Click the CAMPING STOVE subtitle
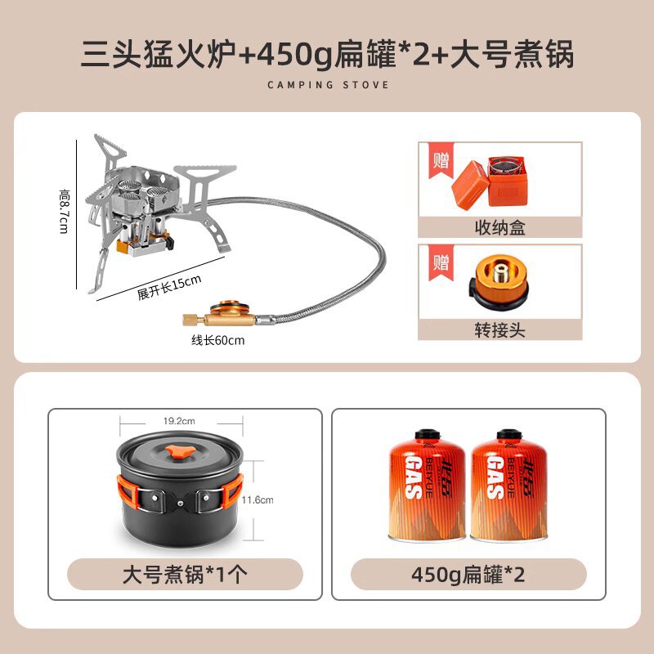click(x=328, y=85)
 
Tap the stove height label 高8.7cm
click(x=65, y=211)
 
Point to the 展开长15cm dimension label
click(x=169, y=287)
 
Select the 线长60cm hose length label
click(x=217, y=340)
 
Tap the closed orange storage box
click(x=470, y=185)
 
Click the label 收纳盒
click(x=499, y=228)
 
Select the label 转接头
click(x=499, y=330)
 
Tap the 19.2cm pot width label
click(x=179, y=421)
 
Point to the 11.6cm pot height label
click(x=258, y=499)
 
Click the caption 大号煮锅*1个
click(x=185, y=575)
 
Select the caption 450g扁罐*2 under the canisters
click(x=468, y=575)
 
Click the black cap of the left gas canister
click(x=427, y=435)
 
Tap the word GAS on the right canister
click(x=495, y=477)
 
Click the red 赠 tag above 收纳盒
click(x=441, y=160)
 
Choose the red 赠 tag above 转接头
click(x=441, y=262)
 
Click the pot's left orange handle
click(x=128, y=494)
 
